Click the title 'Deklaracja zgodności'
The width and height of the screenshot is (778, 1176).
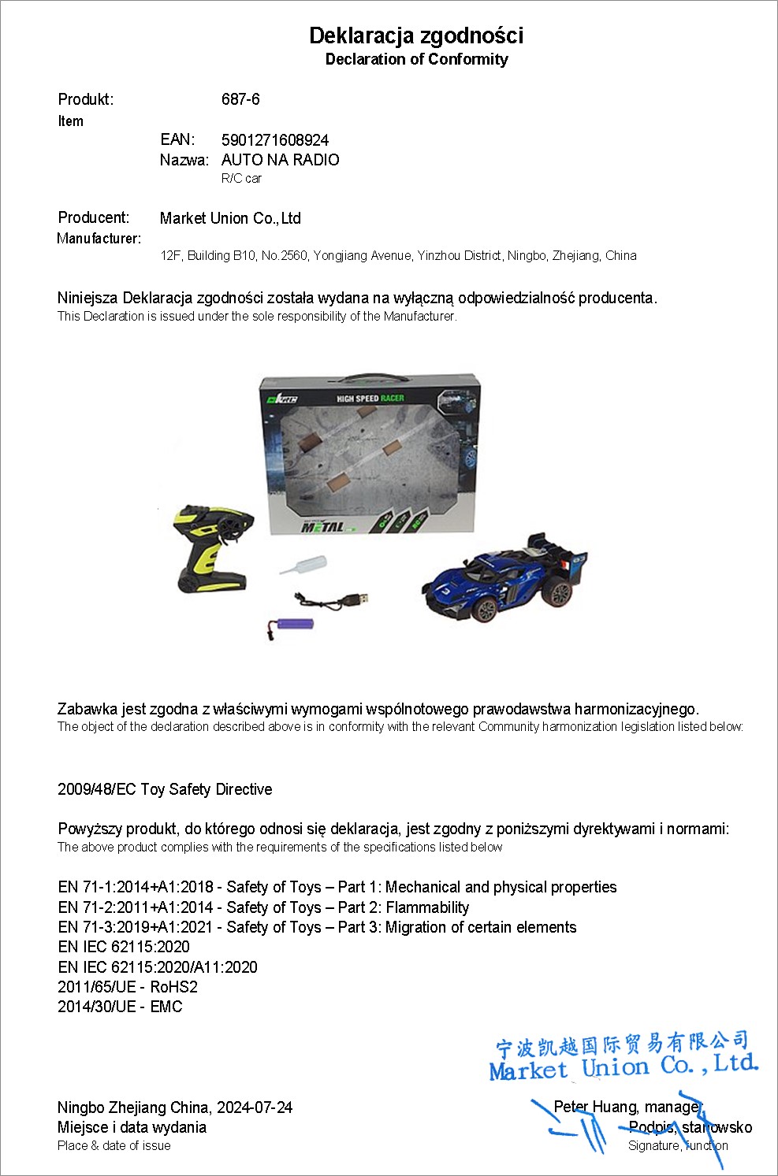pos(416,35)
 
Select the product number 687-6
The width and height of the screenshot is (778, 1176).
pos(240,99)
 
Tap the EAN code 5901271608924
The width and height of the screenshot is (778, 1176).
pos(275,140)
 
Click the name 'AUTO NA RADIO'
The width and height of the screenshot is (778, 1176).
pos(280,160)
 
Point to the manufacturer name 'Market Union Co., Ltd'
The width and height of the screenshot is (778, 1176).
pos(230,218)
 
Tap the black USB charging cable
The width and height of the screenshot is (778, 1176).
pos(331,599)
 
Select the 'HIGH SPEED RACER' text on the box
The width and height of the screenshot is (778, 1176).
pos(370,399)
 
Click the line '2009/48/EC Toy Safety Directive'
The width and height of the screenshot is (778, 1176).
pos(165,789)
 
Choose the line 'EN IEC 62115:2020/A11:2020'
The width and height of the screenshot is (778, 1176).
pos(158,967)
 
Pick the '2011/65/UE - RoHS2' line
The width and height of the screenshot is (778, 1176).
pos(128,987)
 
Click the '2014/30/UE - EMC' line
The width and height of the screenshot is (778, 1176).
pos(120,1007)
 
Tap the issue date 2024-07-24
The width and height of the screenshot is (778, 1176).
pos(255,1107)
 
